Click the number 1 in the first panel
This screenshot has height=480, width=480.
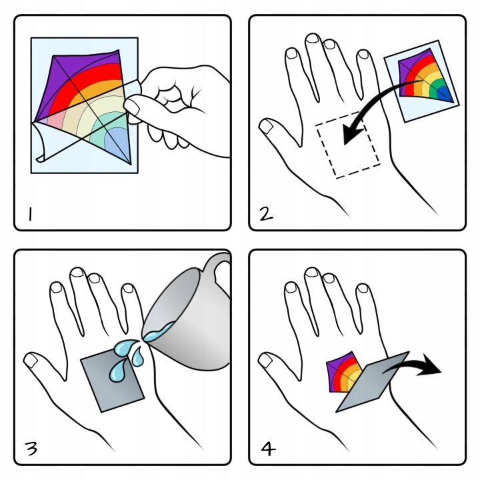click(x=30, y=214)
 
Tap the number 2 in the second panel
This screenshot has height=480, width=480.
click(x=266, y=214)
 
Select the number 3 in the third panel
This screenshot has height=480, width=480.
click(x=31, y=449)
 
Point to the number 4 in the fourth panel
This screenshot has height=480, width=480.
click(x=268, y=449)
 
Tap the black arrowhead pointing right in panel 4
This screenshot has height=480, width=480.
click(x=431, y=365)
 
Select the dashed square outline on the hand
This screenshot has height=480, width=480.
click(x=348, y=145)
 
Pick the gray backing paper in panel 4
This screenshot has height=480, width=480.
click(x=372, y=382)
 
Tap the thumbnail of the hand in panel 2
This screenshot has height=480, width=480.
click(x=267, y=126)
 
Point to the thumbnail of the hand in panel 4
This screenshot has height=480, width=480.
click(x=266, y=360)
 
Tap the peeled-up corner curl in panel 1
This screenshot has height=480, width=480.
click(x=43, y=144)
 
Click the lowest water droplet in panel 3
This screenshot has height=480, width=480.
click(x=118, y=371)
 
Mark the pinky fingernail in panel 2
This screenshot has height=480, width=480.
click(x=363, y=55)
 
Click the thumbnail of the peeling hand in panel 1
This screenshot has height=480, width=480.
click(x=132, y=106)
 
